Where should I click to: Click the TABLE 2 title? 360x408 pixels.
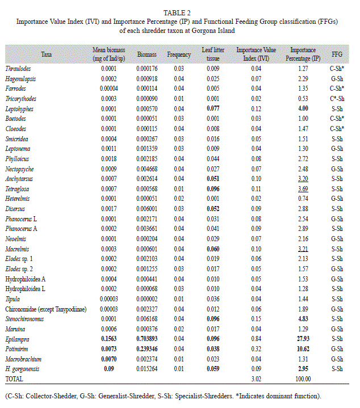coord(177,12)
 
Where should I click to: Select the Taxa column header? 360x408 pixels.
coord(47,54)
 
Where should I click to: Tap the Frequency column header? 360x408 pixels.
coord(179,54)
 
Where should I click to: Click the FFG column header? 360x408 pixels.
coord(337,54)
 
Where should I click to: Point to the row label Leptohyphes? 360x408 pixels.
coord(19,109)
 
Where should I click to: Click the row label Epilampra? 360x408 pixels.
coord(17,339)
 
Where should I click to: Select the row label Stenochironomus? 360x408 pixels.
coord(24,319)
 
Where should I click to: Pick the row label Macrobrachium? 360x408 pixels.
coord(23,359)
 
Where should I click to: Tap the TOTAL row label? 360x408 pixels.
coord(14,379)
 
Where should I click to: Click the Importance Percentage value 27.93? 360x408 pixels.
coord(303,339)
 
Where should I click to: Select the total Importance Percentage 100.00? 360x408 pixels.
coord(303,379)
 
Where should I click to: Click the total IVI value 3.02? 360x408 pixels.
coord(256,379)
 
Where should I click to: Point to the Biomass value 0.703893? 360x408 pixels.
coord(147,339)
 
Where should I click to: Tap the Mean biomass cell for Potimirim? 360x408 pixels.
coord(109,349)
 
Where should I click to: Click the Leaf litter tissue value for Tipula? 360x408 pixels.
coord(213,299)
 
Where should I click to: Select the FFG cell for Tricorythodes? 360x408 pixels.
coord(337,99)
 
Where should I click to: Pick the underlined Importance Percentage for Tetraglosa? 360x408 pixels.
coord(303,189)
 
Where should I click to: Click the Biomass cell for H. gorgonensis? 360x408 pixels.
coord(147,369)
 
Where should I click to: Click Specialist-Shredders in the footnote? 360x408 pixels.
coord(204,396)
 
